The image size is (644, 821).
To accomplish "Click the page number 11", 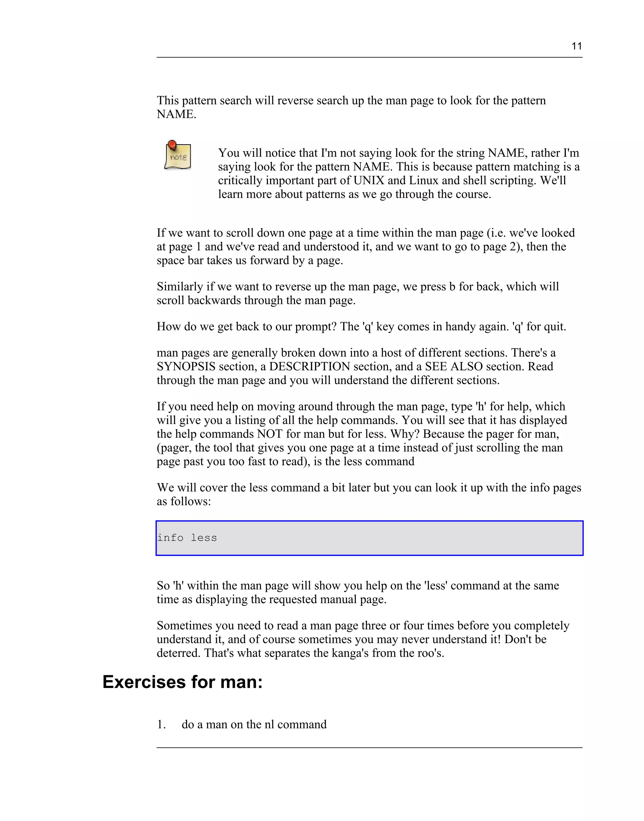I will (x=576, y=46).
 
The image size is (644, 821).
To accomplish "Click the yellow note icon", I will (x=178, y=156).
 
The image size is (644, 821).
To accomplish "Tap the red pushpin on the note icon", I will (x=172, y=144).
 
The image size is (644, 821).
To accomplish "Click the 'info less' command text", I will (x=187, y=538).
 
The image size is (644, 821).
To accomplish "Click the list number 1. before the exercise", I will (x=161, y=724).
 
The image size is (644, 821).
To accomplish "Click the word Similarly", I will (x=180, y=286).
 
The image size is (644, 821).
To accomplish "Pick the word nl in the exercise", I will (x=269, y=724).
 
